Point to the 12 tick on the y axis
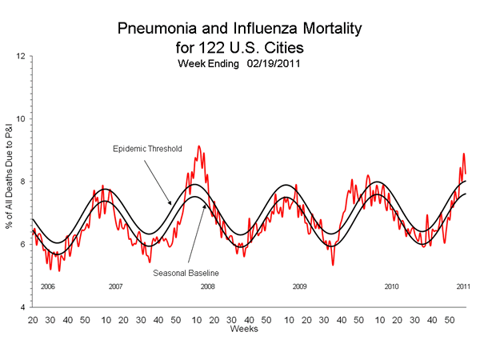click(x=21, y=56)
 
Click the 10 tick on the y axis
click(x=21, y=119)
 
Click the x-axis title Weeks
click(x=243, y=329)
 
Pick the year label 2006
click(x=47, y=286)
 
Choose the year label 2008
click(x=207, y=286)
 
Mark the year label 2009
click(x=300, y=286)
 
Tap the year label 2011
click(x=463, y=286)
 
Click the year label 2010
click(x=391, y=286)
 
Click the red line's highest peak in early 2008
click(x=198, y=146)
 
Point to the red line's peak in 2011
click(x=463, y=154)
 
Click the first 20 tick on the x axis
click(x=32, y=319)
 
